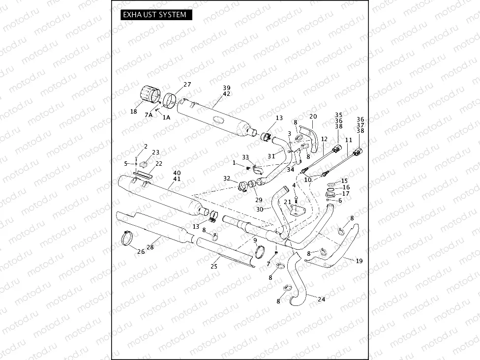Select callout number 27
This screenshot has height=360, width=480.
[x=187, y=85]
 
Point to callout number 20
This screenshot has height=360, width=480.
[x=313, y=116]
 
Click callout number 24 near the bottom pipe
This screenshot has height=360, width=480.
[x=321, y=299]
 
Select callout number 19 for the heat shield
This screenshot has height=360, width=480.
[x=359, y=261]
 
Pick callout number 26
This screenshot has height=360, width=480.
[x=141, y=252]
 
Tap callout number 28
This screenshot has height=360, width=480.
[x=150, y=247]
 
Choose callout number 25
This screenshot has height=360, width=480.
[x=214, y=266]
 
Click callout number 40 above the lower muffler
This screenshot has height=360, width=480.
[x=177, y=173]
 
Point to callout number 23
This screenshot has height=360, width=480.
[x=155, y=152]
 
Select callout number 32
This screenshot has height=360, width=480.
[x=227, y=179]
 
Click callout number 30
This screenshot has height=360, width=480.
[x=260, y=209]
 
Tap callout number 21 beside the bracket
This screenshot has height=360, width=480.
[x=287, y=202]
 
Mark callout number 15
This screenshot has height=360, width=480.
[x=344, y=181]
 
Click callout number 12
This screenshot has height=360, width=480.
[x=324, y=139]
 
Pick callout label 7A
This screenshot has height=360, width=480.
[x=149, y=115]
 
